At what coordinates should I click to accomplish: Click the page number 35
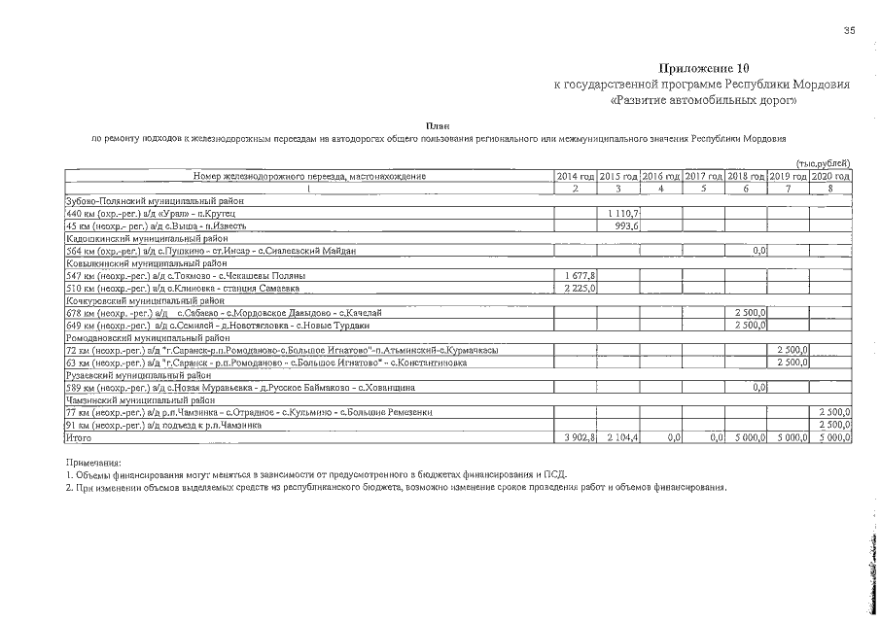tap(849, 31)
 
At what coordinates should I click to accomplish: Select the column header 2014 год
tap(575, 176)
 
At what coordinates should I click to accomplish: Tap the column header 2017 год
tap(703, 176)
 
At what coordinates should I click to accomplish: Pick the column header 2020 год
tap(831, 176)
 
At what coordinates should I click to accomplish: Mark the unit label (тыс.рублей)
tap(824, 162)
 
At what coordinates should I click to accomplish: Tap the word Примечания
tap(93, 463)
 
